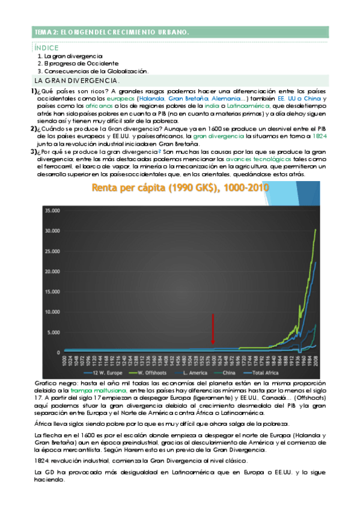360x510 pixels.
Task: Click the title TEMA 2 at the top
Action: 112,32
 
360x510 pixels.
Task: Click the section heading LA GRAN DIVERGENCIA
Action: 77,80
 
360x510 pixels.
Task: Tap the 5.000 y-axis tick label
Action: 55,332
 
